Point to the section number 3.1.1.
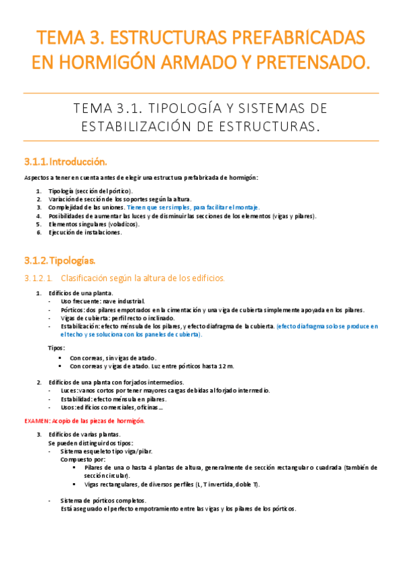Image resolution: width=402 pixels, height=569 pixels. [35, 162]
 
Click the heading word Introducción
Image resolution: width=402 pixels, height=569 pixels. [78, 162]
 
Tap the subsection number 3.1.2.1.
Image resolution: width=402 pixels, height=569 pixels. [37, 277]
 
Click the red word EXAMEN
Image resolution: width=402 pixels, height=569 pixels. [36, 421]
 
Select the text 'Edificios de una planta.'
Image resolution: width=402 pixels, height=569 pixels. [80, 293]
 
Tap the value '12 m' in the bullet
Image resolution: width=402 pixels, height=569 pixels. [225, 366]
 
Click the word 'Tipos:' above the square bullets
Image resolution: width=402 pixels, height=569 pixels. [57, 348]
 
